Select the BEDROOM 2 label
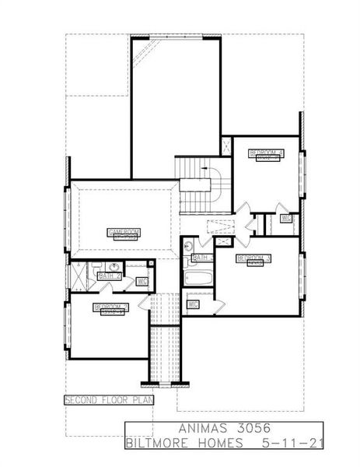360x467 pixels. pyautogui.click(x=110, y=307)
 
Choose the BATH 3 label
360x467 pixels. pyautogui.click(x=201, y=258)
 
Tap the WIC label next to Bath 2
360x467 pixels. pyautogui.click(x=142, y=281)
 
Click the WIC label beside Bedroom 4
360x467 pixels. pyautogui.click(x=286, y=219)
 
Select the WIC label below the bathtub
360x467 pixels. pyautogui.click(x=192, y=304)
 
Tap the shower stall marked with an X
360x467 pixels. pyautogui.click(x=79, y=274)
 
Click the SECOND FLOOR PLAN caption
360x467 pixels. pyautogui.click(x=109, y=400)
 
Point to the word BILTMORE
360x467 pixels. pyautogui.click(x=160, y=444)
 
